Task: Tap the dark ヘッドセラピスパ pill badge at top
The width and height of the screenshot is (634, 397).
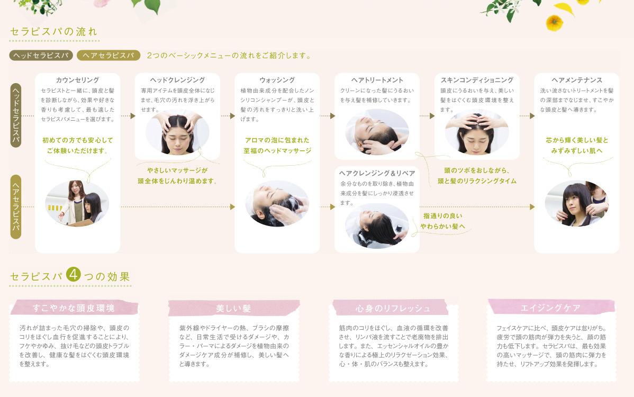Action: pyautogui.click(x=40, y=55)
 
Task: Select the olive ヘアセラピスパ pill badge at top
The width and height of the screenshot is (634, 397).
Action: pyautogui.click(x=108, y=55)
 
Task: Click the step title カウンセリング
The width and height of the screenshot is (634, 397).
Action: pyautogui.click(x=77, y=80)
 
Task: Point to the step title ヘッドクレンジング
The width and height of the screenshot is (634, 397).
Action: pyautogui.click(x=177, y=80)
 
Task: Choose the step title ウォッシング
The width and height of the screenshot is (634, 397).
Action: pyautogui.click(x=277, y=80)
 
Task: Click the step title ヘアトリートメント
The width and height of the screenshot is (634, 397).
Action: pyautogui.click(x=377, y=80)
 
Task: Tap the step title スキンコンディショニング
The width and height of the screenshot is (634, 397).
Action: pyautogui.click(x=477, y=80)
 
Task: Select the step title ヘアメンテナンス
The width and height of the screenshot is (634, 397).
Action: pyautogui.click(x=576, y=80)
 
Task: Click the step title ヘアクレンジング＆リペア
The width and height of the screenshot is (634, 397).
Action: pyautogui.click(x=377, y=173)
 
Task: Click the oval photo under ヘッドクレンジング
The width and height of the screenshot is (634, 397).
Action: pyautogui.click(x=177, y=131)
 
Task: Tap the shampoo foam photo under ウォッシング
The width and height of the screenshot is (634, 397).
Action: pyautogui.click(x=277, y=204)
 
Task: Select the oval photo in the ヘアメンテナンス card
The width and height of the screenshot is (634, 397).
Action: pyautogui.click(x=576, y=204)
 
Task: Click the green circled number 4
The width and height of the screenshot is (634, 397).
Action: pyautogui.click(x=74, y=275)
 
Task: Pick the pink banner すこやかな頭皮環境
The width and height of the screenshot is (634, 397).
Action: pyautogui.click(x=74, y=308)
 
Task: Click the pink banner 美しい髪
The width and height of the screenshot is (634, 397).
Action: pyautogui.click(x=233, y=308)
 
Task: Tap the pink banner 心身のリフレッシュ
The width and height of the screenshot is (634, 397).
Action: pyautogui.click(x=393, y=308)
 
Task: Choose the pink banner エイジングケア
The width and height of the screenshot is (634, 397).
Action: pyautogui.click(x=551, y=307)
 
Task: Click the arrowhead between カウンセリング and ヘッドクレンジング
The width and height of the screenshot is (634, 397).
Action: pyautogui.click(x=132, y=115)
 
